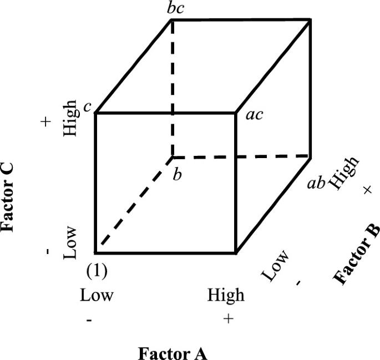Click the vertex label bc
pyautogui.click(x=176, y=9)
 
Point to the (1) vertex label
pyautogui.click(x=97, y=272)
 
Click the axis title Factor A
pyautogui.click(x=173, y=353)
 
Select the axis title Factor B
pyautogui.click(x=356, y=255)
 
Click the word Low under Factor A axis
pyautogui.click(x=97, y=295)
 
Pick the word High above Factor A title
pyautogui.click(x=226, y=295)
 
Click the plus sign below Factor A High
pyautogui.click(x=227, y=319)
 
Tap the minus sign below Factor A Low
pyautogui.click(x=89, y=321)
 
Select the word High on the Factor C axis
pyautogui.click(x=70, y=119)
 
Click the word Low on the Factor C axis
pyautogui.click(x=70, y=243)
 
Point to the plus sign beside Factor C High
pyautogui.click(x=47, y=121)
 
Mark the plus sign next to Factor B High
pyautogui.click(x=367, y=190)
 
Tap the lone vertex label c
pyautogui.click(x=87, y=107)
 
